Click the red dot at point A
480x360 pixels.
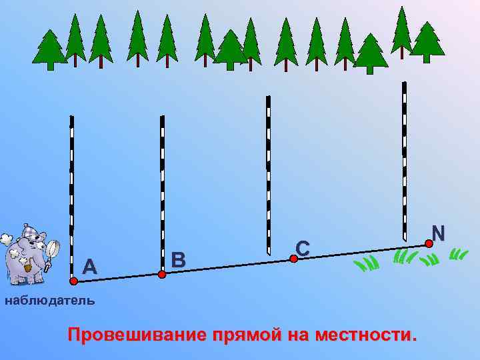tap(73, 282)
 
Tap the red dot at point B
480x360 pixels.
tap(162, 273)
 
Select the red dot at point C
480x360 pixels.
tap(293, 259)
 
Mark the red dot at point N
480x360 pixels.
tap(429, 244)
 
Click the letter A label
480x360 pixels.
tap(90, 267)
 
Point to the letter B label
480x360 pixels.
tap(178, 259)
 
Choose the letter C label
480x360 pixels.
tap(303, 248)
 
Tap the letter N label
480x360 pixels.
tap(438, 233)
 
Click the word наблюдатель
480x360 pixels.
tap(50, 301)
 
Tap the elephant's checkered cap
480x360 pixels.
tap(30, 232)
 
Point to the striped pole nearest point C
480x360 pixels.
tap(267, 173)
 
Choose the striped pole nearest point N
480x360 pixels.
tap(404, 160)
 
